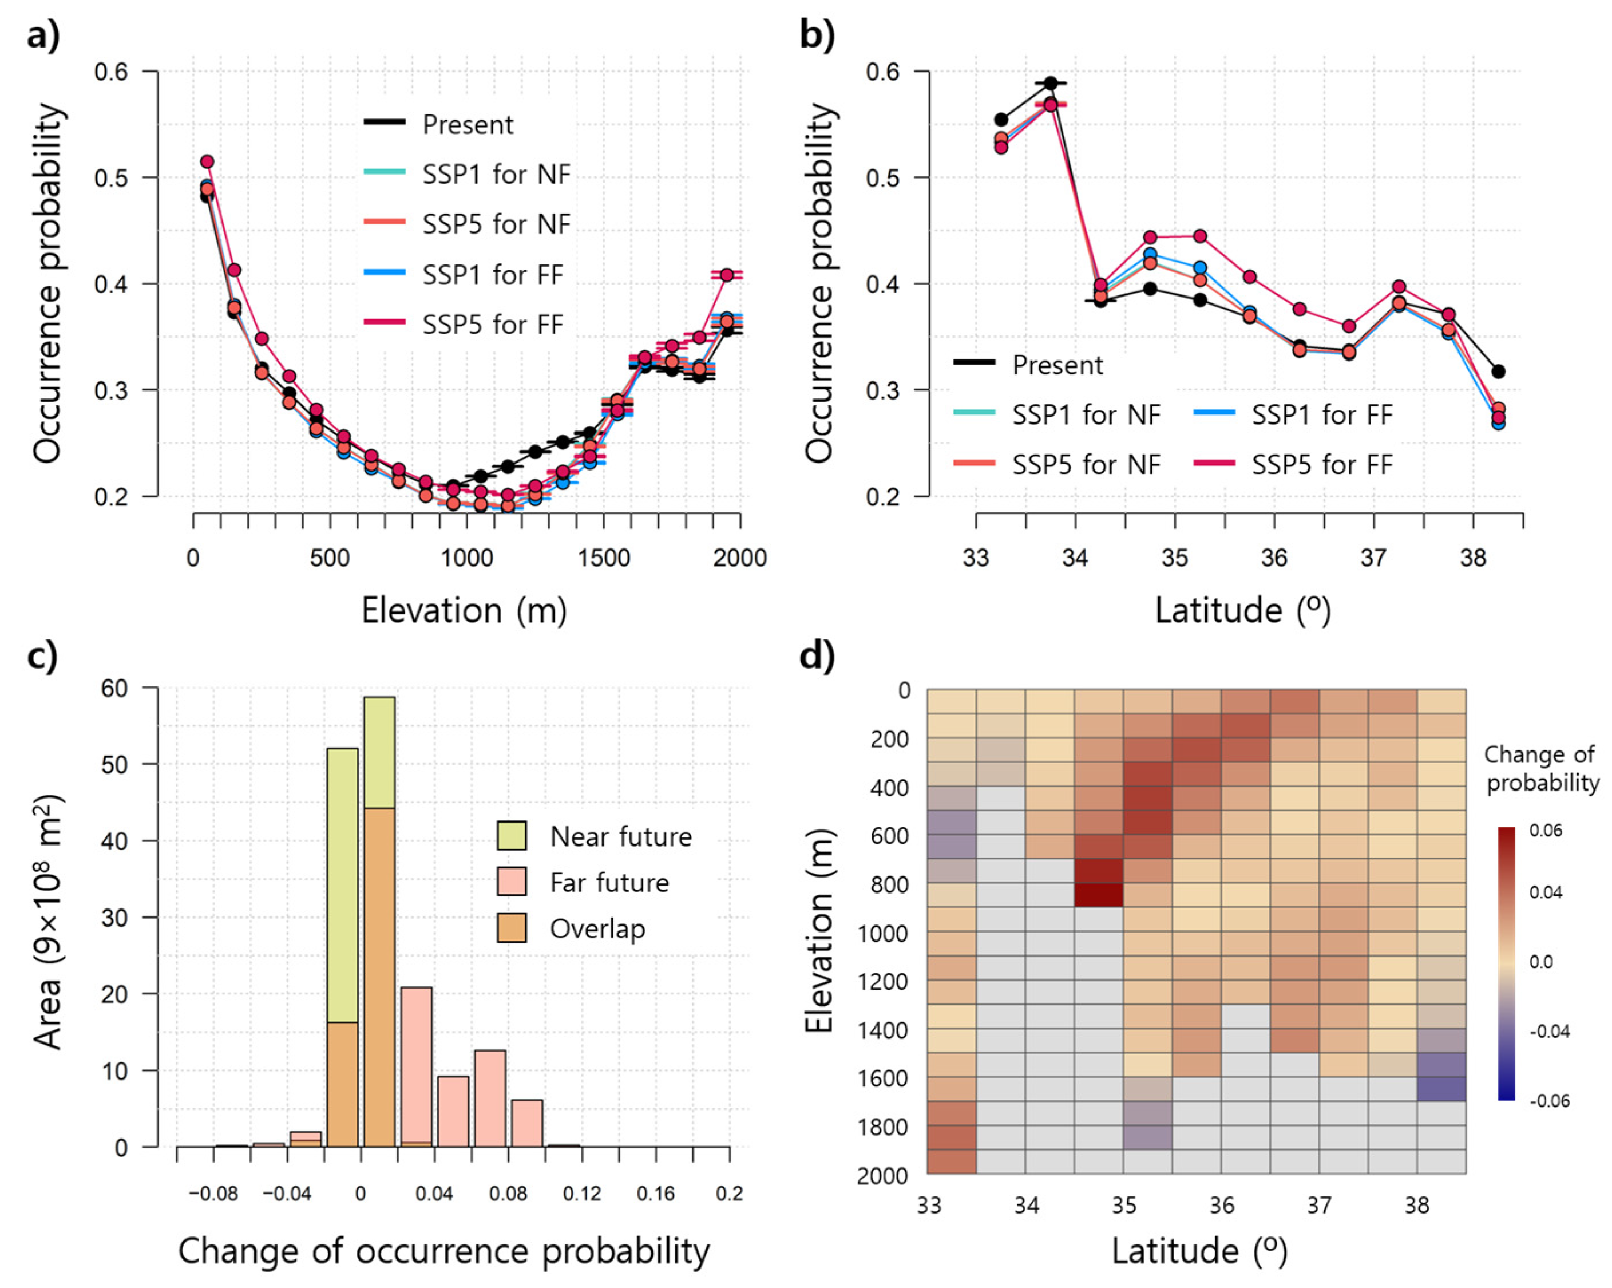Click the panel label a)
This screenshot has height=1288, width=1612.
(43, 34)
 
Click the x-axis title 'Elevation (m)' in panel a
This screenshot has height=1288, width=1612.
(464, 610)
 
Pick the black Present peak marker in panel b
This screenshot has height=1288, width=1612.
(1051, 83)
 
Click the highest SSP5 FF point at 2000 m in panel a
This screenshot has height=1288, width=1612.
(727, 275)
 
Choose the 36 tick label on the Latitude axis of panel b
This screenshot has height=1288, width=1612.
(1274, 558)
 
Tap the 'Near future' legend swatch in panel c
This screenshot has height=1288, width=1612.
(512, 835)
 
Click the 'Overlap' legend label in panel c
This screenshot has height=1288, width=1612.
(597, 929)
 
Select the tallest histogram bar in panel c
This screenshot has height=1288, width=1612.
(379, 920)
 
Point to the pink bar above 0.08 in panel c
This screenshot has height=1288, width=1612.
(527, 1122)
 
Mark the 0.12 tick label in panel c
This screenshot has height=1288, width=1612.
(582, 1192)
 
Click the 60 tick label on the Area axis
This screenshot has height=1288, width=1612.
(114, 688)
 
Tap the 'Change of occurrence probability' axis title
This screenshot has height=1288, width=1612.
(443, 1251)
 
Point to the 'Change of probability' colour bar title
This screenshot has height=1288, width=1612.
(1540, 768)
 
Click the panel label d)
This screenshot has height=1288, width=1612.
(817, 657)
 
